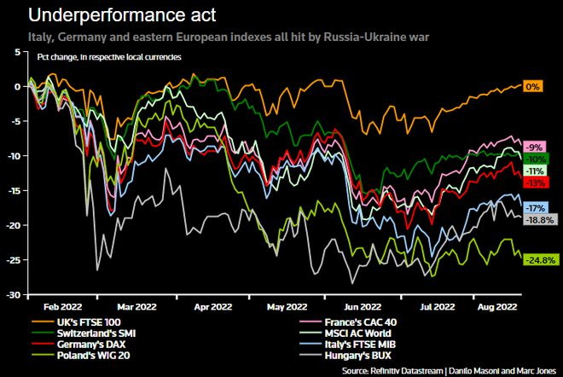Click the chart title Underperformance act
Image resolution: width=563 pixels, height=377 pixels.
click(x=122, y=15)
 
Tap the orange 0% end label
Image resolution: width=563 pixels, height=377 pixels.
click(x=532, y=86)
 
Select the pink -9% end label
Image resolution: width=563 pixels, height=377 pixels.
click(x=535, y=148)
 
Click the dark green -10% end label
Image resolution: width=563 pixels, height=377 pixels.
click(x=536, y=159)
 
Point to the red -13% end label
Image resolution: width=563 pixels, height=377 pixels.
click(x=536, y=183)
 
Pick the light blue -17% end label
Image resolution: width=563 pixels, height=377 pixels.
click(x=536, y=208)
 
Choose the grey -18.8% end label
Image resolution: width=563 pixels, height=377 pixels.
click(x=541, y=220)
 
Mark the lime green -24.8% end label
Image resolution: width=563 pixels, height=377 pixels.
click(x=541, y=260)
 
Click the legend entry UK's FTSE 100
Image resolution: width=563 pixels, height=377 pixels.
click(x=89, y=322)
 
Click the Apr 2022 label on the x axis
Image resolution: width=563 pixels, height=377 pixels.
click(x=213, y=307)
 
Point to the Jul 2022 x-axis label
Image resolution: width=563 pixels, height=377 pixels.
click(x=438, y=307)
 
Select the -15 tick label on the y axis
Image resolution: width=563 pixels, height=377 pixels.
click(x=16, y=191)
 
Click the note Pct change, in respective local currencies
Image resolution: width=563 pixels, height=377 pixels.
click(x=109, y=57)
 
